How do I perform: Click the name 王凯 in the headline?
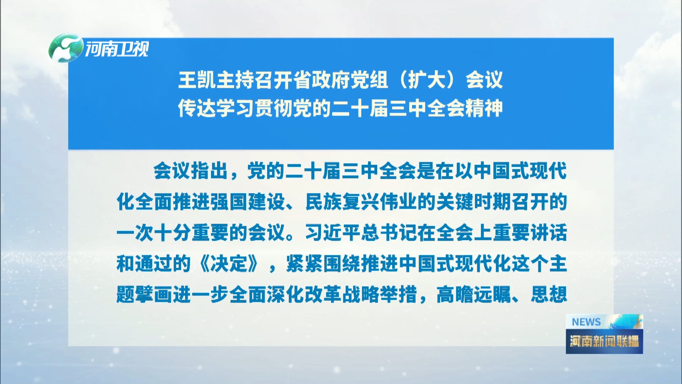[197, 80]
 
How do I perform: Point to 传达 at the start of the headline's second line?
[197, 108]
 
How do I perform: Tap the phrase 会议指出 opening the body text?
[190, 171]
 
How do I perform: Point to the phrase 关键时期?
[473, 202]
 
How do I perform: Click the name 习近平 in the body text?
[333, 233]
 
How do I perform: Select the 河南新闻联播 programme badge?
[604, 334]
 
